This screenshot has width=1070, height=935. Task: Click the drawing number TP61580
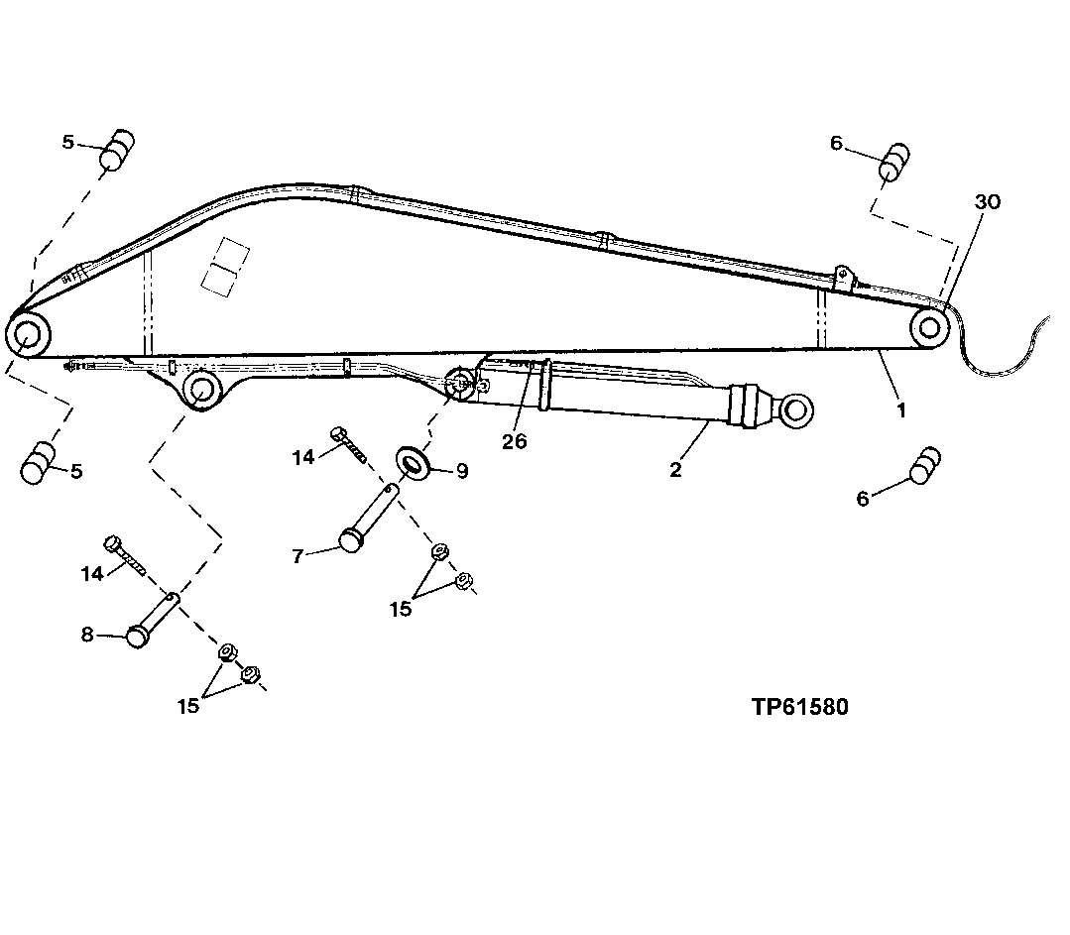tap(799, 707)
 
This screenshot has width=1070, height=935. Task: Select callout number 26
tap(514, 442)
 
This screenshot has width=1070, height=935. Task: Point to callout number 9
tap(461, 472)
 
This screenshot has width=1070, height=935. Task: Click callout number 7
tap(297, 556)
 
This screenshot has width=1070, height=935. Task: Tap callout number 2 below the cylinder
tap(675, 470)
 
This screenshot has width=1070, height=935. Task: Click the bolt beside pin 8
tap(127, 556)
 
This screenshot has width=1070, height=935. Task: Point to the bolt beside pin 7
tap(350, 446)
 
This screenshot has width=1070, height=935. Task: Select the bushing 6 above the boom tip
tap(894, 162)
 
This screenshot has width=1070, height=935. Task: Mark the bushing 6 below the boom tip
tap(923, 466)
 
